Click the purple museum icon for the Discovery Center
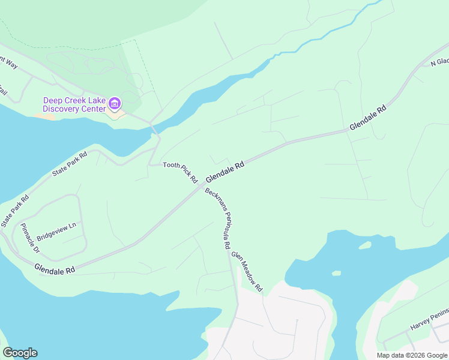tap(114, 104)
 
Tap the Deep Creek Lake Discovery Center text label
tap(74, 104)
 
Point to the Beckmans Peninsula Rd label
tap(217, 218)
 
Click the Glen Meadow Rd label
tap(249, 271)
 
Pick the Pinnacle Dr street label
tap(29, 238)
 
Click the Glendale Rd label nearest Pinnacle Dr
tap(54, 269)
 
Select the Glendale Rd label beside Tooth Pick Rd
tap(224, 172)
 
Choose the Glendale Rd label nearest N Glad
tap(368, 119)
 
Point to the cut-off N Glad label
tap(439, 62)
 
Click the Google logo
tap(20, 353)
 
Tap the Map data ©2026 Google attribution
tap(411, 355)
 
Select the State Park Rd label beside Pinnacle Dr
tap(14, 211)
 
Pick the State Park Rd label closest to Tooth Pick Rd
tap(70, 163)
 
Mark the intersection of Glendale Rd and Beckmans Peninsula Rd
tap(202, 186)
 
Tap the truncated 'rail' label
tap(3, 92)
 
